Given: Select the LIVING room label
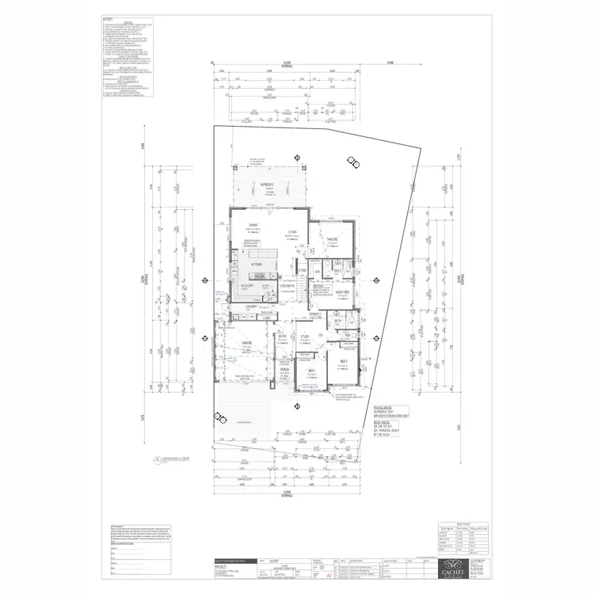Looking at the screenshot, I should (292, 231).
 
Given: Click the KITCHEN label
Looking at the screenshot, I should (257, 264).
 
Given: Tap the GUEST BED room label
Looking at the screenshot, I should (343, 292).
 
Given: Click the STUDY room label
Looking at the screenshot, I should (305, 336).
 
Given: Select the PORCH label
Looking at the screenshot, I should (284, 369).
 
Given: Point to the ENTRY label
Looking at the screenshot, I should (282, 336).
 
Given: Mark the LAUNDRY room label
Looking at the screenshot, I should (253, 306).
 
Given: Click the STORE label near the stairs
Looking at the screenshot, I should (302, 270).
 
